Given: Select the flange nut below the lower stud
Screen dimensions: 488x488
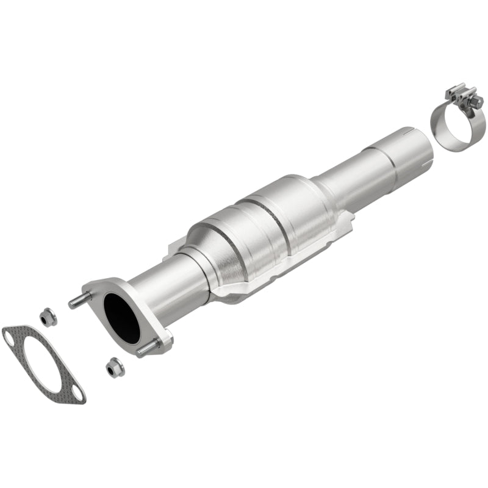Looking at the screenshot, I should (x=113, y=367).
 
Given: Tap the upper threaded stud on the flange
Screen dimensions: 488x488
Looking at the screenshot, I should (x=79, y=301).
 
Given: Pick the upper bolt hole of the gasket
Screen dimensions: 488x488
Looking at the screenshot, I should (x=9, y=334).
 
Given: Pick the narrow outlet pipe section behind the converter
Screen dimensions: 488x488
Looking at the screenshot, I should (x=342, y=183).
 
